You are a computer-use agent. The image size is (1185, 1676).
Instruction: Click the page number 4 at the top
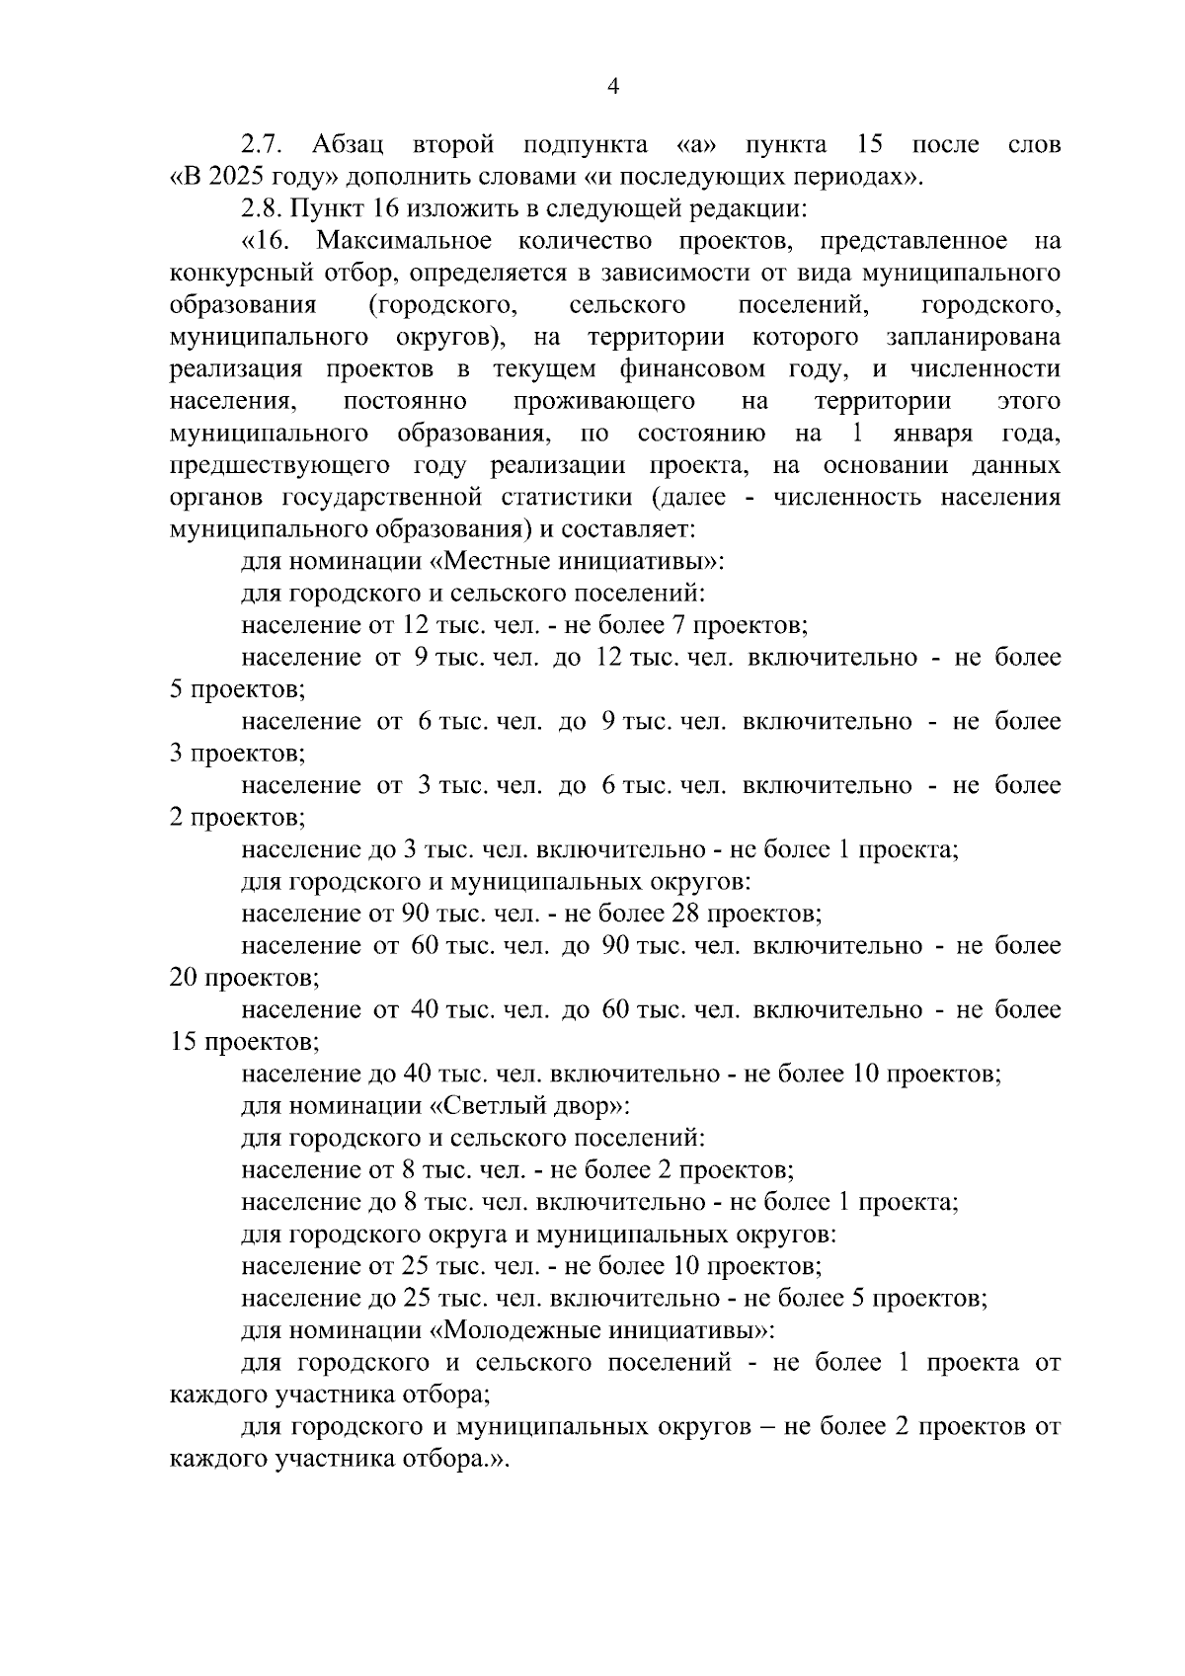612,87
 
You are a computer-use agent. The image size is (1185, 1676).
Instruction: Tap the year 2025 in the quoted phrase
234,178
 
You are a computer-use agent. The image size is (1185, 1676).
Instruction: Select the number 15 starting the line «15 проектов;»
184,1042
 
